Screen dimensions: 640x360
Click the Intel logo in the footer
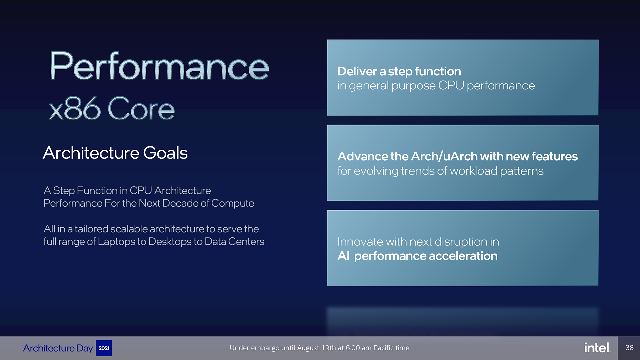[x=597, y=348]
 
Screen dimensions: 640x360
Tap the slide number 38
[x=629, y=348]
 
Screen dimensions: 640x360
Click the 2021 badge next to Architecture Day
[x=104, y=348]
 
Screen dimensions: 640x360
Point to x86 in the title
[x=75, y=108]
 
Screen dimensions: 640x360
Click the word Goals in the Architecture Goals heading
[x=165, y=153]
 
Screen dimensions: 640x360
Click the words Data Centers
[x=234, y=241]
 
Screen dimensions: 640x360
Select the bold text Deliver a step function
[x=399, y=71]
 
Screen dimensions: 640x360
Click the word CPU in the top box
[x=451, y=86]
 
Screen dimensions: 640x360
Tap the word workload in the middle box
[x=473, y=171]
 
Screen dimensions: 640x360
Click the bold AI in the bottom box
[x=344, y=256]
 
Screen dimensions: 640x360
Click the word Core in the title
[x=141, y=108]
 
